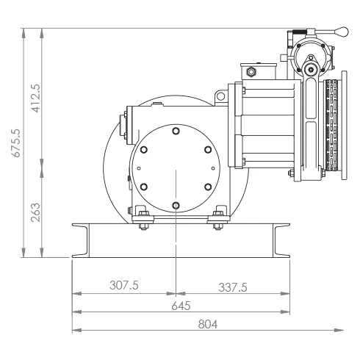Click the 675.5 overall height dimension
pos(16,143)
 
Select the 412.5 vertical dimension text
pos(35,98)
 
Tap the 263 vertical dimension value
pos(35,212)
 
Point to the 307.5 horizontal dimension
pos(124,285)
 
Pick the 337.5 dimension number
pos(233,287)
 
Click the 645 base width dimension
pos(181,306)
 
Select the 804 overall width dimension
pos(208,325)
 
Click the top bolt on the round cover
pos(176,131)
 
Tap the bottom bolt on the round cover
pos(176,206)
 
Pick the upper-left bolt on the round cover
pos(144,149)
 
